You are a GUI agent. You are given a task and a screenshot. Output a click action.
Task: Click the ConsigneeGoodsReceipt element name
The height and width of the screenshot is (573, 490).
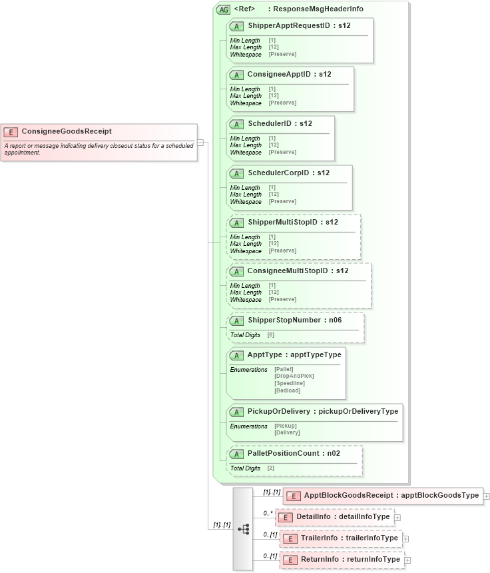pos(66,131)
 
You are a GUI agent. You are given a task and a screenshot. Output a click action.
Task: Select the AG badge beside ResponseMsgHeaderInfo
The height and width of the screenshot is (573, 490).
pos(223,9)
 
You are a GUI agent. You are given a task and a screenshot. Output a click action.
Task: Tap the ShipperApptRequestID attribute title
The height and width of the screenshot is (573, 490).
pos(299,25)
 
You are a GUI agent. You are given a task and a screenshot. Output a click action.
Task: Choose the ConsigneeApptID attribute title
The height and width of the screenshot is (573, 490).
pos(289,74)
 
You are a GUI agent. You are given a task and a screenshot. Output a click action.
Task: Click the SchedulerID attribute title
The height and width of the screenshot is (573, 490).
pos(280,123)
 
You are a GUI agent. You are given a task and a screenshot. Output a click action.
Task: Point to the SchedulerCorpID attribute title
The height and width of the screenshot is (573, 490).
pos(288,173)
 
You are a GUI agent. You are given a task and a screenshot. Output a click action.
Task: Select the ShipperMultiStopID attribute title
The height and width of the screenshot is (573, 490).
pos(292,222)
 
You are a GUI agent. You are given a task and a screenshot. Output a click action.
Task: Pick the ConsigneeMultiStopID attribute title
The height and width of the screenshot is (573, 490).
pos(298,271)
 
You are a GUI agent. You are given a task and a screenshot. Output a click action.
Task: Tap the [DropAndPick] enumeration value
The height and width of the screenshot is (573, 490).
pos(294,376)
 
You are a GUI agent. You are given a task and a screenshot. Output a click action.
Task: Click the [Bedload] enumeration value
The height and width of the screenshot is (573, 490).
pos(287,390)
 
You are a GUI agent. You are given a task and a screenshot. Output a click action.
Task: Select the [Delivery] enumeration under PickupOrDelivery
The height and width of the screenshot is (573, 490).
pos(286,432)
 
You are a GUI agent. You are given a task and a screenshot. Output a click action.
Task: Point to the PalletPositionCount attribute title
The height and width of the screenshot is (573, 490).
pos(294,453)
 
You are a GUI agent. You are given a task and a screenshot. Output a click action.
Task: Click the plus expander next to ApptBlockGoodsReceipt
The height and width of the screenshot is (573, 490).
pos(487,496)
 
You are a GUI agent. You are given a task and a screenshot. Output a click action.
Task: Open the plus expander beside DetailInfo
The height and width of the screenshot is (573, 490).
pos(397,517)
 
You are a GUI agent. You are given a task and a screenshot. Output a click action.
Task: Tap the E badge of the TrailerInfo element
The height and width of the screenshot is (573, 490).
pos(287,538)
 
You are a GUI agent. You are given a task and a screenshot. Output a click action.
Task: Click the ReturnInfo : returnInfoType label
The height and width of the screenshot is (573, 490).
pos(350,560)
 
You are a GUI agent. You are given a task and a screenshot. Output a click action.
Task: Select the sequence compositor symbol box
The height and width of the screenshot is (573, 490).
pos(243,528)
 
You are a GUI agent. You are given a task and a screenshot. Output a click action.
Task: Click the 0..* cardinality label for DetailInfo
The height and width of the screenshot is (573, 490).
pos(268,513)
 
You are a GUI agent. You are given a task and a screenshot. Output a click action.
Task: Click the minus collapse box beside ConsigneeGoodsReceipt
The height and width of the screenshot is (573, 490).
pos(200,142)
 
